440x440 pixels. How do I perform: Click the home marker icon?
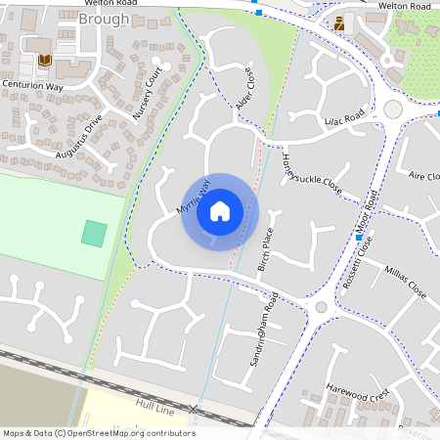pyautogui.click(x=220, y=211)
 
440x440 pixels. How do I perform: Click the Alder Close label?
pyautogui.click(x=245, y=89)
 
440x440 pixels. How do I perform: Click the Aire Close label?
pyautogui.click(x=423, y=176)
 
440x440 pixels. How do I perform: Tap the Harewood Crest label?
pyautogui.click(x=359, y=392)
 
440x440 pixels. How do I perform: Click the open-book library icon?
pyautogui.click(x=43, y=61)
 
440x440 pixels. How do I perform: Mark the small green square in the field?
pyautogui.click(x=94, y=233)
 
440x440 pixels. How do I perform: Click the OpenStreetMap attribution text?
pyautogui.click(x=99, y=433)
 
